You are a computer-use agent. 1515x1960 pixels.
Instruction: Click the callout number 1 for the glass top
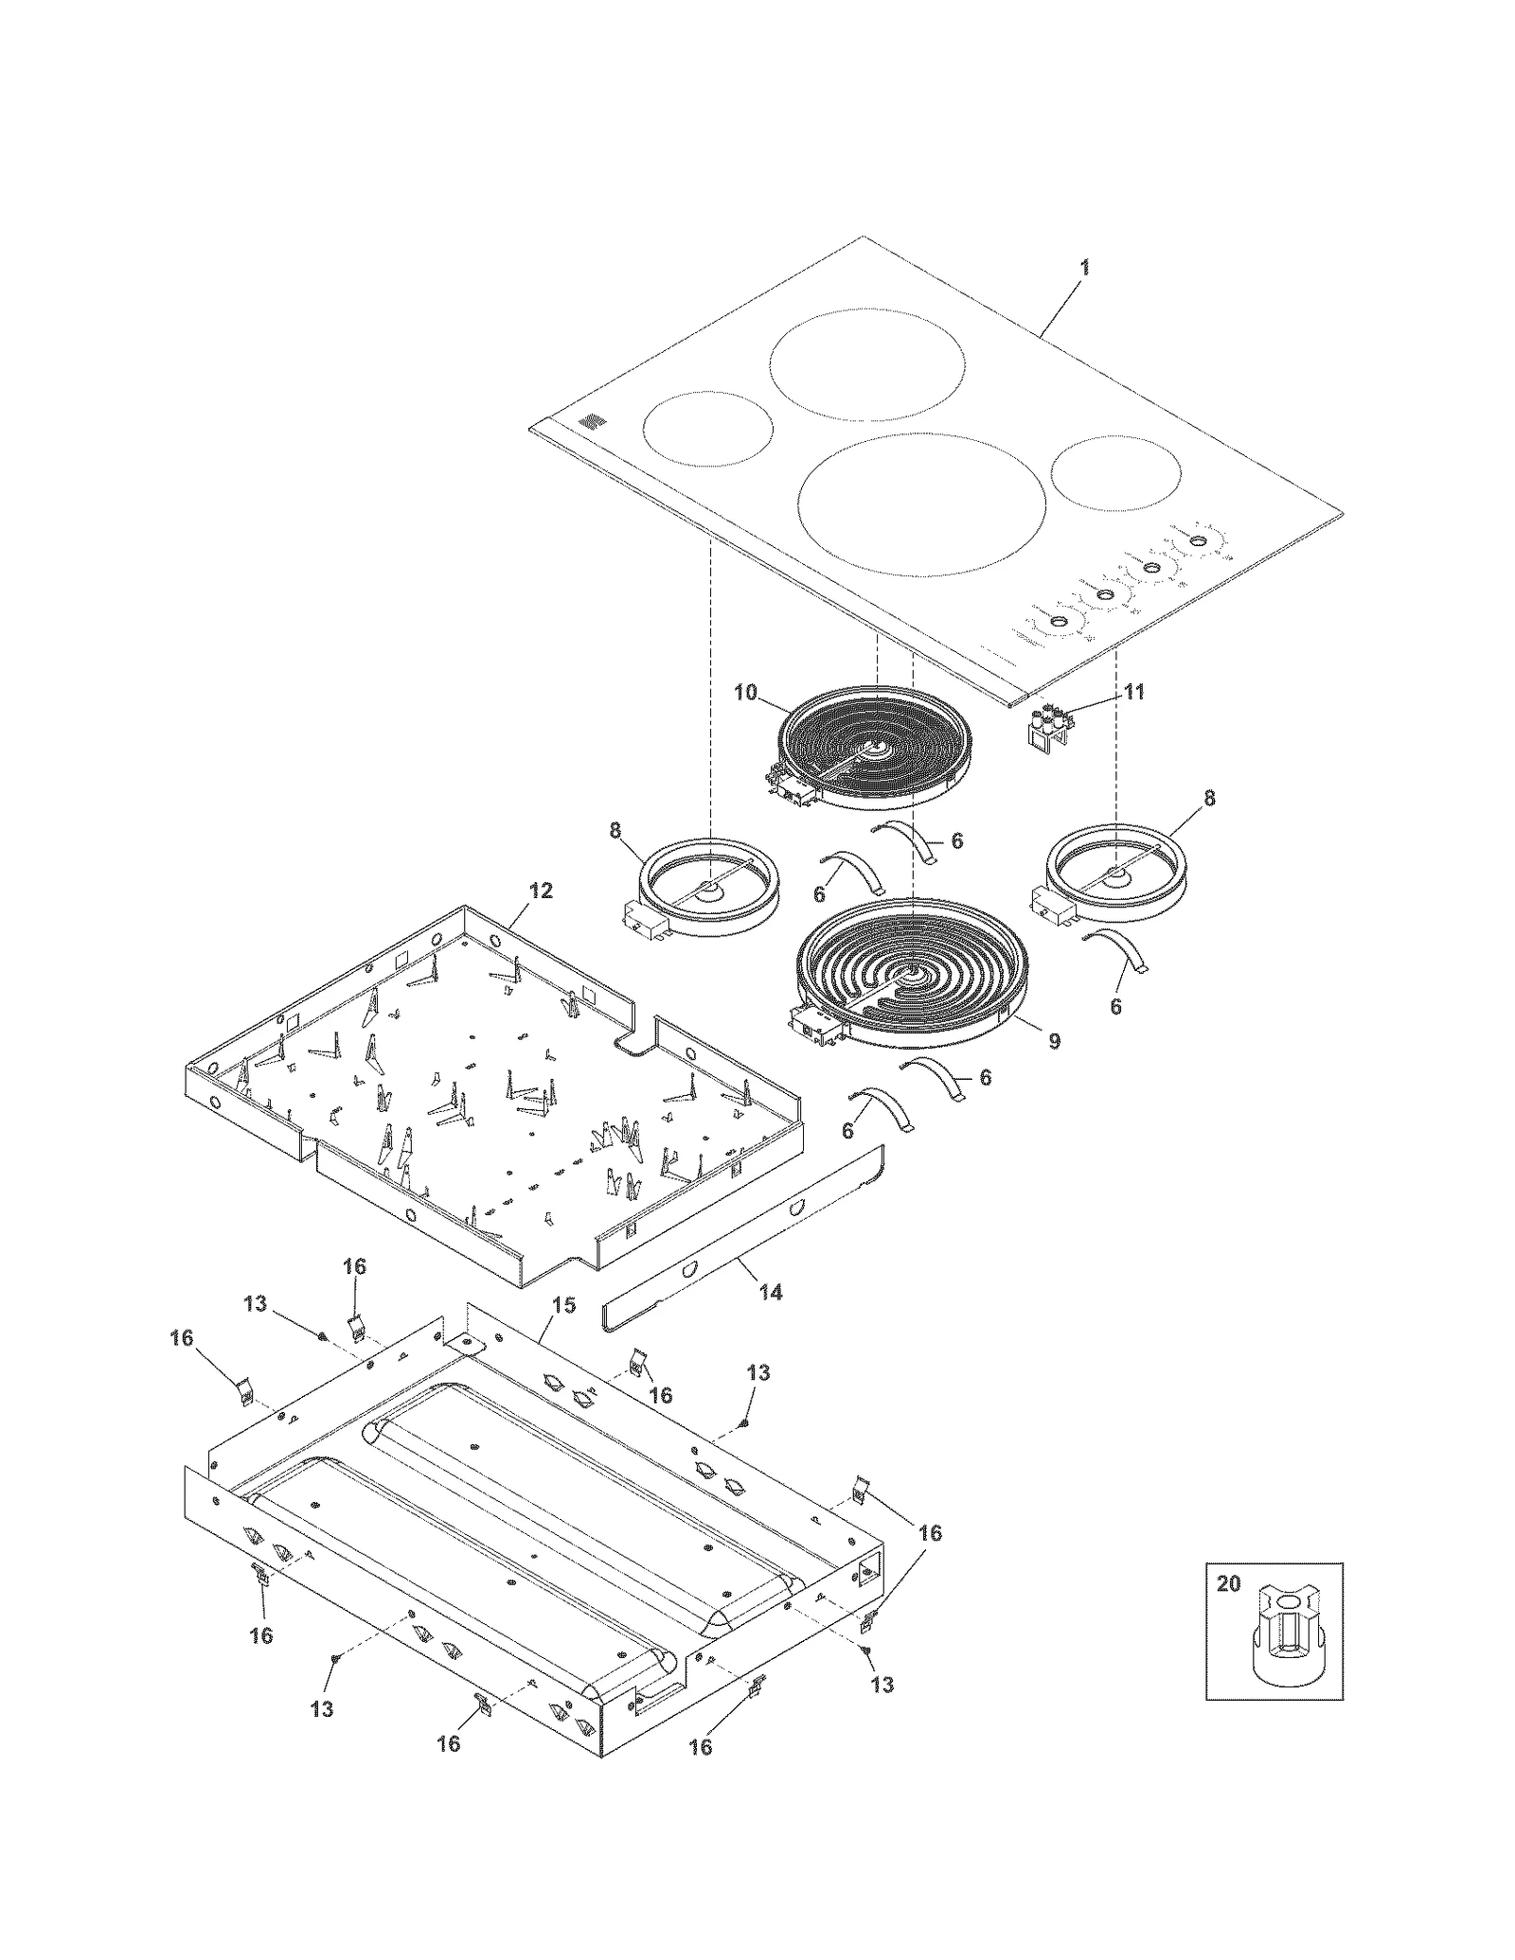pyautogui.click(x=1084, y=268)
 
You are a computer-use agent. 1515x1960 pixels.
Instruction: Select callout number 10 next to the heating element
pyautogui.click(x=745, y=692)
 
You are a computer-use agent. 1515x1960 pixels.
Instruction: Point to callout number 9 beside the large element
pyautogui.click(x=1054, y=1041)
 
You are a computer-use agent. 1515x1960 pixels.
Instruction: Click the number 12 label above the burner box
pyautogui.click(x=541, y=891)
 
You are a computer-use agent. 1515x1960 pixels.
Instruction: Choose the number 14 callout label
pyautogui.click(x=771, y=1292)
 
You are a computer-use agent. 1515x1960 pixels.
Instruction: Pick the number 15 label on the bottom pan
pyautogui.click(x=563, y=1305)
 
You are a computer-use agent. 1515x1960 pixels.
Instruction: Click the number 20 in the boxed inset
pyautogui.click(x=1228, y=1584)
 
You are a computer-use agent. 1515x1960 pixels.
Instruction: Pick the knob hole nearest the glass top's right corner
pyautogui.click(x=1198, y=540)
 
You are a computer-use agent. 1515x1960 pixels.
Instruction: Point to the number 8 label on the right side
pyautogui.click(x=1209, y=799)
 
